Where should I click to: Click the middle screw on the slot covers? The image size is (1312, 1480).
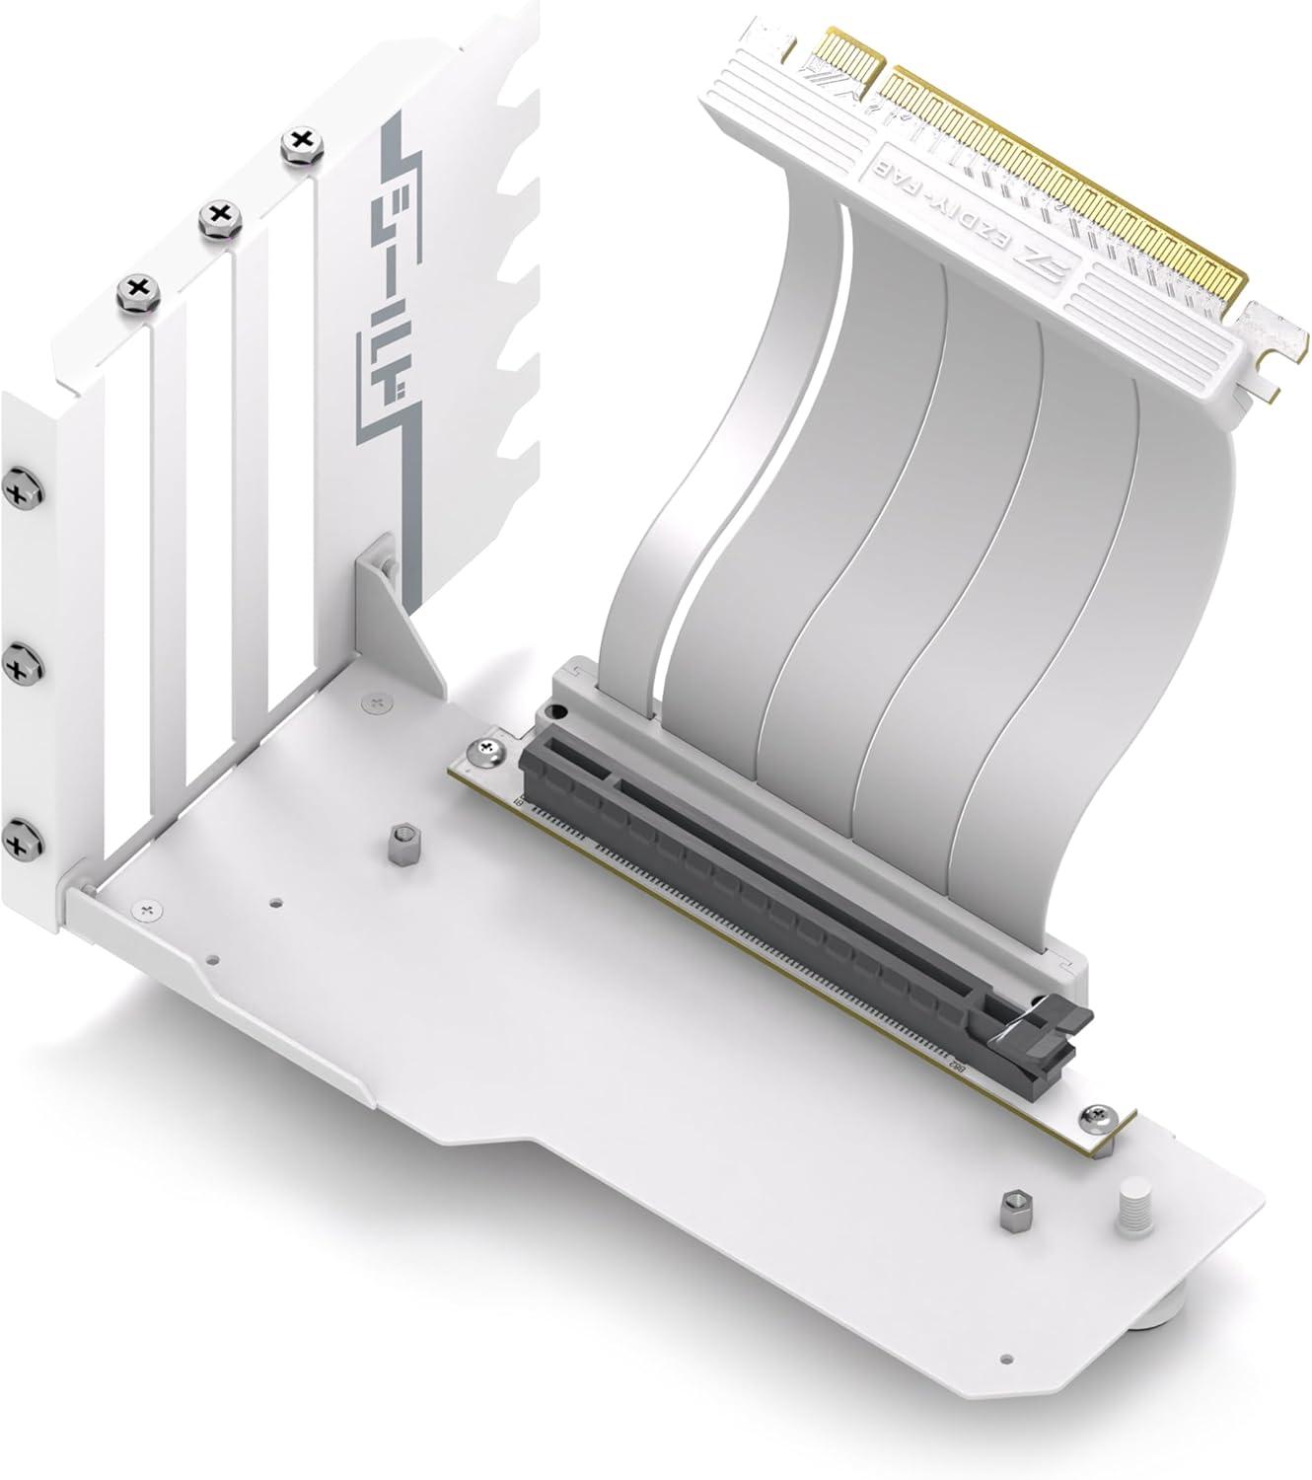tap(216, 215)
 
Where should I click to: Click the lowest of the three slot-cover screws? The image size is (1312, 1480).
tap(137, 289)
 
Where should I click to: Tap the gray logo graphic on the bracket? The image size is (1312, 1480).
tap(391, 286)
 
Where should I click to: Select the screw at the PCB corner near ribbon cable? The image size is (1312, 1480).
tap(488, 751)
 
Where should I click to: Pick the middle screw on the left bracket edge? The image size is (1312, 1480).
tap(17, 668)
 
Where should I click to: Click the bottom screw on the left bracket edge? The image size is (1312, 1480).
tap(18, 842)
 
